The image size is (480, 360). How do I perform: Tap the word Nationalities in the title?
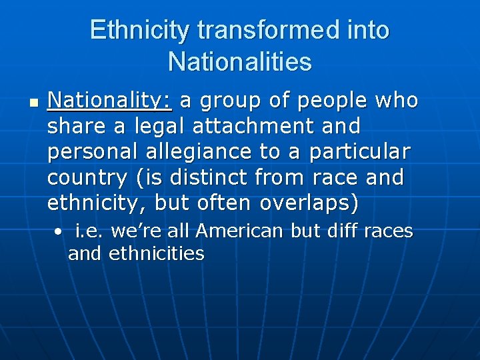(240, 62)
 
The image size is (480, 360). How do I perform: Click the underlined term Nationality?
(110, 101)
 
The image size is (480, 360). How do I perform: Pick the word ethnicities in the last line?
(156, 253)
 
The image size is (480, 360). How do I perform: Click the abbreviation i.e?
(89, 231)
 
